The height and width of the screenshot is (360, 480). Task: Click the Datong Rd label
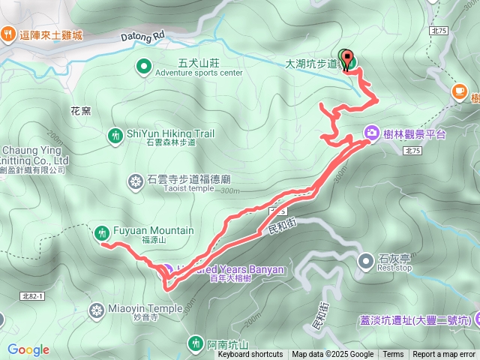click(x=142, y=35)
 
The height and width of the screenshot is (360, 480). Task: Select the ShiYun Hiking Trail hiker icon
click(x=115, y=136)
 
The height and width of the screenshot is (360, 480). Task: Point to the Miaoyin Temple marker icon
click(x=97, y=309)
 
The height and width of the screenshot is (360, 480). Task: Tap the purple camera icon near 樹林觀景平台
click(x=371, y=133)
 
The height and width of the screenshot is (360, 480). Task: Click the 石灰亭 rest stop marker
click(x=366, y=261)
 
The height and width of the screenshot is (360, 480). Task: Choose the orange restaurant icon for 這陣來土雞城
click(x=8, y=34)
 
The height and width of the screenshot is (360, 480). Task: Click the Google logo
click(x=28, y=349)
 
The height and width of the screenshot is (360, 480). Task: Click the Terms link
click(x=393, y=355)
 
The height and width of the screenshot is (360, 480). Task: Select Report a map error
click(x=444, y=355)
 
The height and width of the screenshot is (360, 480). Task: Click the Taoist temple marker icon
click(x=136, y=181)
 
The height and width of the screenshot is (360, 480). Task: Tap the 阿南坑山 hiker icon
click(x=196, y=343)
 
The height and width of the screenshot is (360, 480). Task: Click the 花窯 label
click(x=80, y=111)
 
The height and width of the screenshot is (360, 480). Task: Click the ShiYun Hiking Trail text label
click(x=170, y=133)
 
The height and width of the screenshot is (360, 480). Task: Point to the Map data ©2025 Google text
click(x=333, y=355)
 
